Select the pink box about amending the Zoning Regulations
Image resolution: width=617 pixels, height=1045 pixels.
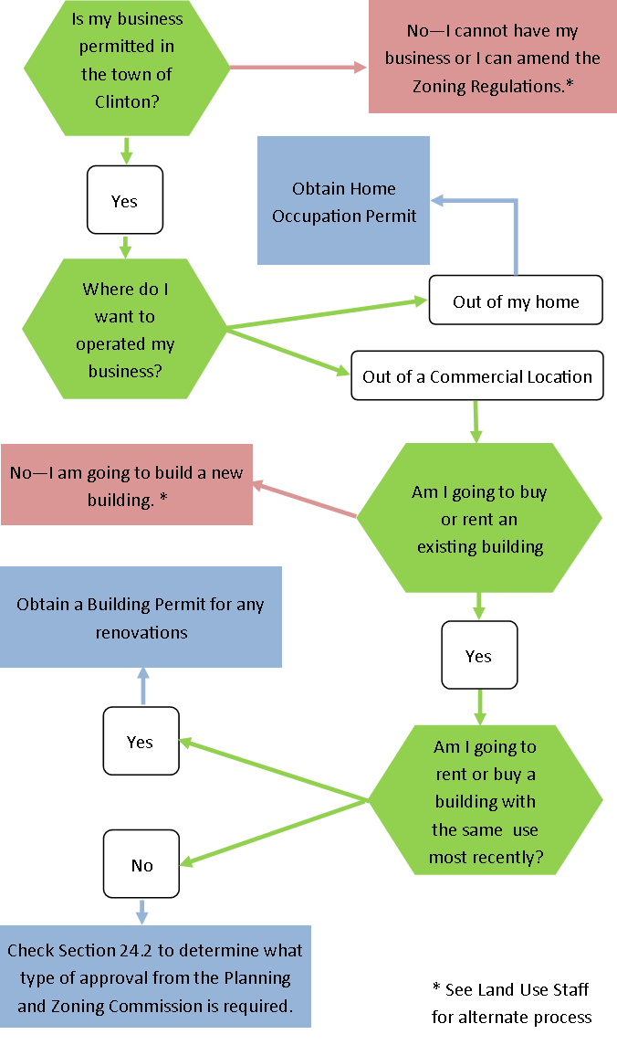(492, 58)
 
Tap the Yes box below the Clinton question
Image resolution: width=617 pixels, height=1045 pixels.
(124, 200)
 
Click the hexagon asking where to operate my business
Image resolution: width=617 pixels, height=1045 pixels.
(125, 329)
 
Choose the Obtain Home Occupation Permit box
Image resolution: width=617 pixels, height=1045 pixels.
(343, 201)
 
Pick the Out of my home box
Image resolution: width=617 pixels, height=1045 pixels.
(516, 301)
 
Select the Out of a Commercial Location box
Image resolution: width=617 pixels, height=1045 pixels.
(476, 375)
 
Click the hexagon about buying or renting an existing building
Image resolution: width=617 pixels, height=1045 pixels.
(479, 518)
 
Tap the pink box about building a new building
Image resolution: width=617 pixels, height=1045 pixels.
(126, 485)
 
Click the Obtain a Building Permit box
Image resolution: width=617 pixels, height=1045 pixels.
(141, 617)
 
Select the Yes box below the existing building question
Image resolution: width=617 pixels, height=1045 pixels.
(478, 655)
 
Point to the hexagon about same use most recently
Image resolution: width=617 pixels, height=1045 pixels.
(485, 801)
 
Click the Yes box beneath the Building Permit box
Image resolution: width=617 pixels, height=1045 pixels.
(140, 741)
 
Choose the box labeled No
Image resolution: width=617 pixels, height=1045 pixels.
(141, 864)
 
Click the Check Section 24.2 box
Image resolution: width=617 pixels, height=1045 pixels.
(154, 976)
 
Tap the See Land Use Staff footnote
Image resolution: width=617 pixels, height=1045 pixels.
(511, 1002)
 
